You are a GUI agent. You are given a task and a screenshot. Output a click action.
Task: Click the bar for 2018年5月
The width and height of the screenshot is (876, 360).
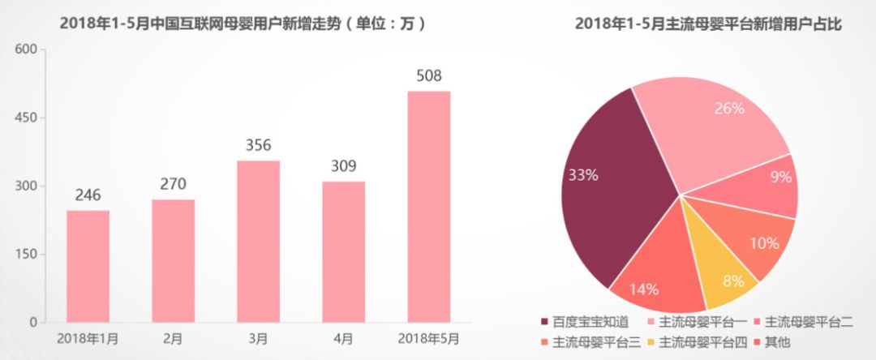click(x=428, y=207)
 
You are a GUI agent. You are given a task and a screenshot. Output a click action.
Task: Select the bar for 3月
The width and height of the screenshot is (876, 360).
click(x=258, y=241)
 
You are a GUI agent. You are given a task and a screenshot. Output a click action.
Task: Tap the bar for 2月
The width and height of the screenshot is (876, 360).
click(x=173, y=260)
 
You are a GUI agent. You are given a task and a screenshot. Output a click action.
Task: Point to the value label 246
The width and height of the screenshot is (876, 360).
click(x=88, y=195)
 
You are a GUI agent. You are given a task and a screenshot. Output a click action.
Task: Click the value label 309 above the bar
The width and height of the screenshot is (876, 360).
click(x=343, y=166)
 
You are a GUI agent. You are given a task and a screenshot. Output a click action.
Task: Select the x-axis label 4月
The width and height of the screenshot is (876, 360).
click(x=343, y=337)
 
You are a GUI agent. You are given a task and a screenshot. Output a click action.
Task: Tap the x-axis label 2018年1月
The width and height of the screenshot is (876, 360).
click(x=88, y=337)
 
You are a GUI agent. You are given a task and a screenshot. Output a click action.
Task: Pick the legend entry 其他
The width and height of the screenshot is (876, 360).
click(x=775, y=342)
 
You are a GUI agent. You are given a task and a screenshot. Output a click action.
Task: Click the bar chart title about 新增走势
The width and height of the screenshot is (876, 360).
click(x=243, y=24)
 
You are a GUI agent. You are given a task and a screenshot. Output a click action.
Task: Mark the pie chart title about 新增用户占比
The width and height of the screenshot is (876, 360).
click(x=709, y=24)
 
